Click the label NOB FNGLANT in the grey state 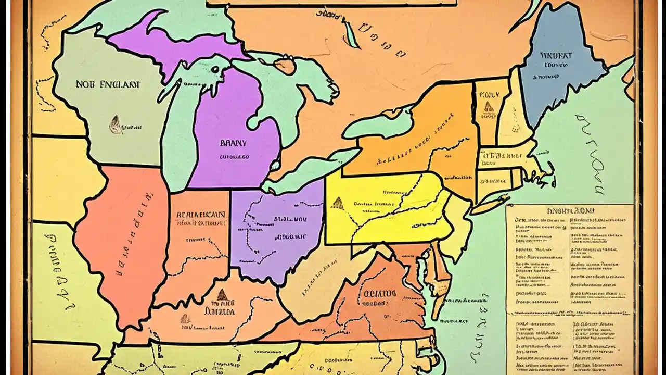pos(107,84)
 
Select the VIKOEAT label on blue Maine pos(556,55)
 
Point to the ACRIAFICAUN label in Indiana pos(201,214)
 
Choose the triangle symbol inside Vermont pos(489,107)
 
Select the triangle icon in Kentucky pos(222,294)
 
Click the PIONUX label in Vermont pos(489,95)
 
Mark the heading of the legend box pos(569,211)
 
